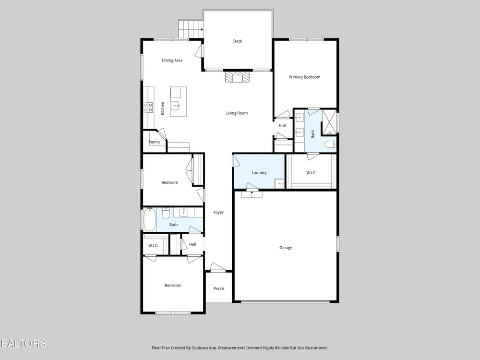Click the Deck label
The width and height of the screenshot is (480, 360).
pyautogui.click(x=238, y=41)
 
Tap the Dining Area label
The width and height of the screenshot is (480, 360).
pyautogui.click(x=172, y=60)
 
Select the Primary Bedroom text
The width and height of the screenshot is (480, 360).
pyautogui.click(x=304, y=77)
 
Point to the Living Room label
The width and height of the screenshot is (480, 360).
pyautogui.click(x=237, y=113)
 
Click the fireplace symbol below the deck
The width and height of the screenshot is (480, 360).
pyautogui.click(x=238, y=77)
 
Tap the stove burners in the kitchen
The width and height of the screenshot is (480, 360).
pyautogui.click(x=148, y=107)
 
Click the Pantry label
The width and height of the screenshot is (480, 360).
pyautogui.click(x=154, y=142)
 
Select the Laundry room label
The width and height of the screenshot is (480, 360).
pyautogui.click(x=259, y=173)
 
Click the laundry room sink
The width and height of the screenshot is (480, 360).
pyautogui.click(x=279, y=183)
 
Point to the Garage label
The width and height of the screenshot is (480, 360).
pyautogui.click(x=286, y=248)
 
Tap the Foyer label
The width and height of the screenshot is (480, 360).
pyautogui.click(x=218, y=212)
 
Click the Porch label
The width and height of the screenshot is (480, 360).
pyautogui.click(x=218, y=288)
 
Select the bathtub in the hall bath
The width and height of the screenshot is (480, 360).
pyautogui.click(x=150, y=219)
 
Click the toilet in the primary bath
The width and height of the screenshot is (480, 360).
pyautogui.click(x=330, y=144)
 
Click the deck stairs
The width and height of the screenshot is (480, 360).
pyautogui.click(x=191, y=29)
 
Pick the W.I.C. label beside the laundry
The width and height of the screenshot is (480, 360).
pyautogui.click(x=311, y=173)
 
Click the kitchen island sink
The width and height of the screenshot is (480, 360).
pyautogui.click(x=176, y=106)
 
